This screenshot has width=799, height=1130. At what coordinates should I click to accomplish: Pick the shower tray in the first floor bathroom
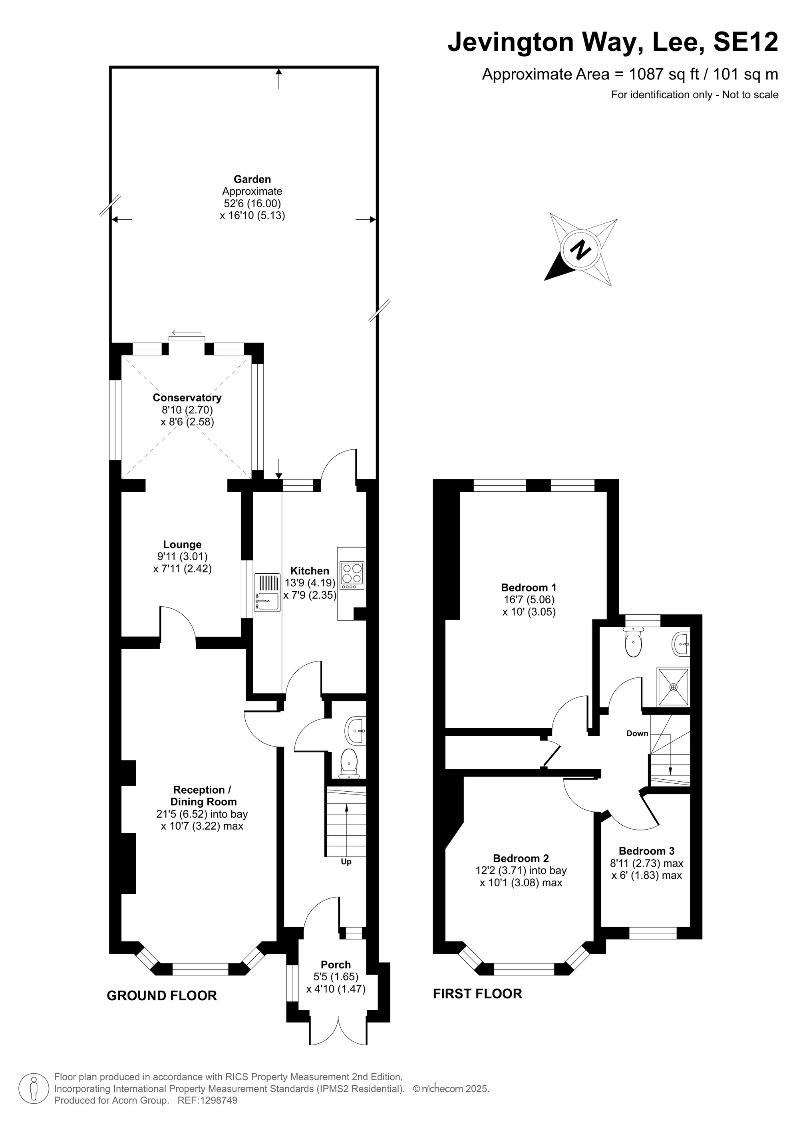(674, 687)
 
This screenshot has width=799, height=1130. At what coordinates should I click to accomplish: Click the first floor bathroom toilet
(632, 642)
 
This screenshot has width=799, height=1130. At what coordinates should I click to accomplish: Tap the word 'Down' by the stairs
(637, 733)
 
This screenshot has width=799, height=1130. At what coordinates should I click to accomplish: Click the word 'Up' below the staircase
(346, 862)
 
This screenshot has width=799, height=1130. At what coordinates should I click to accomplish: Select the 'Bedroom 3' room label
(646, 851)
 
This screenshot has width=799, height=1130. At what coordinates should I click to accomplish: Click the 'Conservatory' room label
(187, 398)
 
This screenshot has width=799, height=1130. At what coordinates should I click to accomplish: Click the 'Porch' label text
(336, 965)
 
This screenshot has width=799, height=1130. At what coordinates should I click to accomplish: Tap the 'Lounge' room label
(183, 545)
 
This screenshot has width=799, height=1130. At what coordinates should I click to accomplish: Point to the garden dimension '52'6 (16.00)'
(252, 203)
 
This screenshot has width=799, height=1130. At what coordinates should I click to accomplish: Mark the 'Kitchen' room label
(310, 571)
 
